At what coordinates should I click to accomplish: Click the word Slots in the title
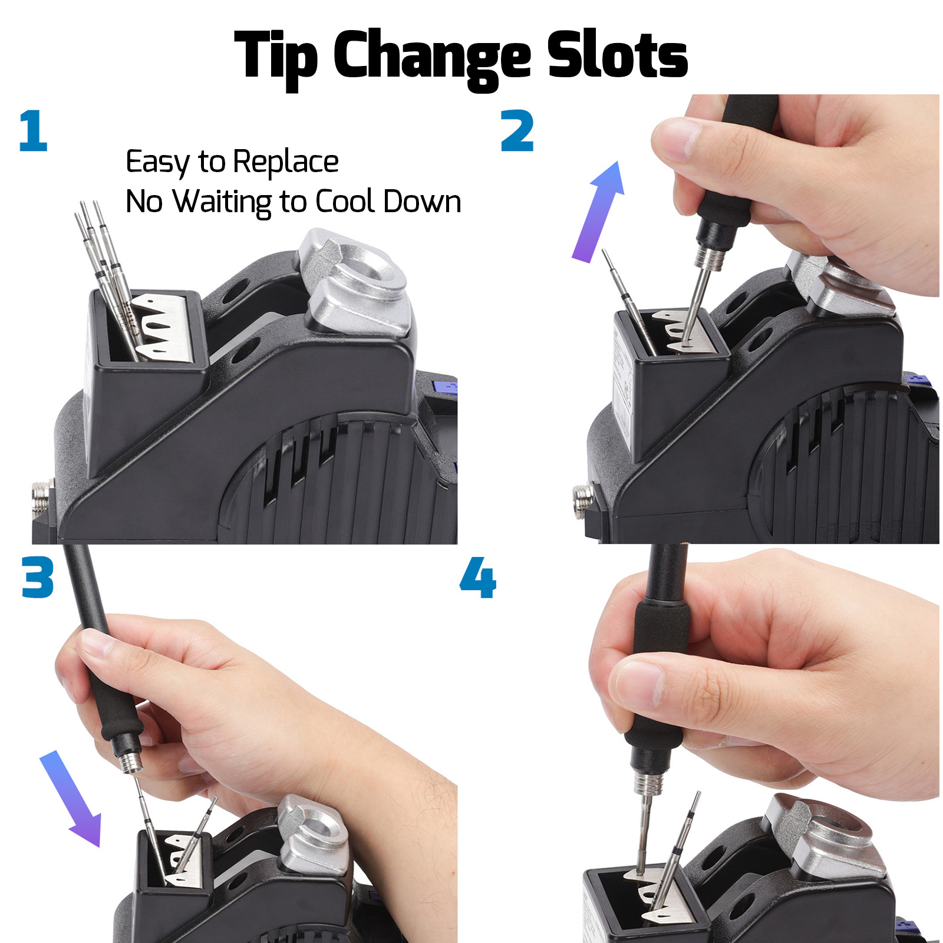coord(617,54)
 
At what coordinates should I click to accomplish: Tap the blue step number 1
coord(33,130)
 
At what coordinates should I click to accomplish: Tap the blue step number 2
coord(517,131)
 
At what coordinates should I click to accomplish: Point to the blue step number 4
coord(477,578)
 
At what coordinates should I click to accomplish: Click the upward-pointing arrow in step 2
coord(598,212)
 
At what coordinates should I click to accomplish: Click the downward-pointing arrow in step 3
coord(70,799)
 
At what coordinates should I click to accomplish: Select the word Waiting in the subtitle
coord(222,202)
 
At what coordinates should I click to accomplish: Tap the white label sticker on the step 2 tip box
coord(622,377)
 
